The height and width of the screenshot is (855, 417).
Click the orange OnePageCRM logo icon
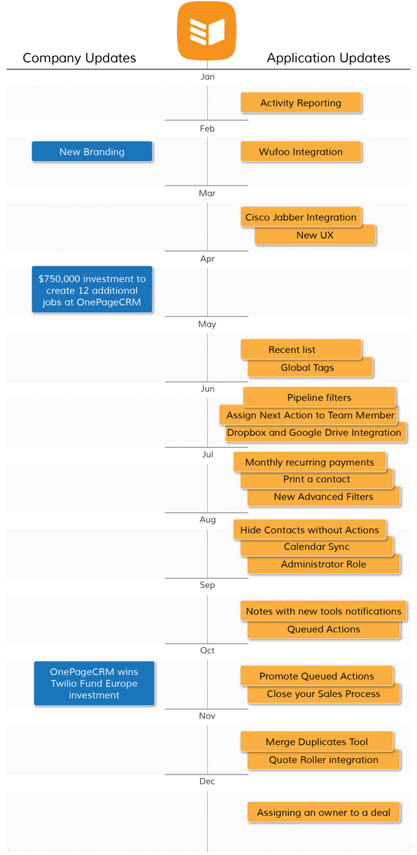tap(206, 31)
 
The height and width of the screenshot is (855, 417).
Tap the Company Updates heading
tap(79, 58)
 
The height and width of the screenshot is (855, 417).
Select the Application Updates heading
tap(328, 58)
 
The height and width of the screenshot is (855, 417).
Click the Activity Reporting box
tap(301, 103)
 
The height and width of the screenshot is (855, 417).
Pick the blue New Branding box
tap(92, 152)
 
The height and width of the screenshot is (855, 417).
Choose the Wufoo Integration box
tap(301, 152)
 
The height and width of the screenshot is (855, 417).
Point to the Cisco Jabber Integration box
tap(301, 217)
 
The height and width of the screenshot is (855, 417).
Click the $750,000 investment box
tap(92, 290)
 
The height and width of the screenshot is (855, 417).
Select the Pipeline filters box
tap(319, 397)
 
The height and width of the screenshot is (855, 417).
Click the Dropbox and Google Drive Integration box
tap(316, 433)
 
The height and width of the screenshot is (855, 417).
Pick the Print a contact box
tap(317, 479)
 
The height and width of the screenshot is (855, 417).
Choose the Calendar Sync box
tap(317, 546)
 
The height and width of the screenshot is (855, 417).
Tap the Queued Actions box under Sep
tap(323, 629)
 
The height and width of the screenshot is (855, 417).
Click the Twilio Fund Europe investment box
tap(94, 684)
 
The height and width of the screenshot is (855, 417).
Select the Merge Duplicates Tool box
tap(317, 741)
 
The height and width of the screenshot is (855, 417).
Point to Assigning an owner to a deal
tap(323, 812)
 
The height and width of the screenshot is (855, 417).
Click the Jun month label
tap(208, 388)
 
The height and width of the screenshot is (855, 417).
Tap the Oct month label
tap(207, 650)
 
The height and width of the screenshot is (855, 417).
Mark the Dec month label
tap(207, 781)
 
